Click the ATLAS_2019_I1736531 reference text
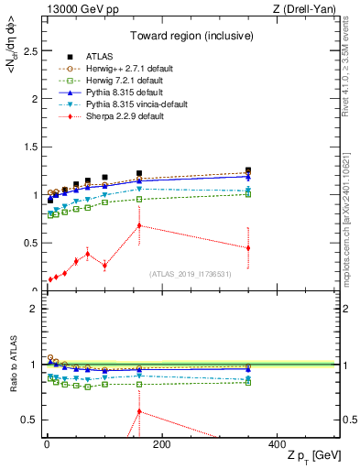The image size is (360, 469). pos(190,274)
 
